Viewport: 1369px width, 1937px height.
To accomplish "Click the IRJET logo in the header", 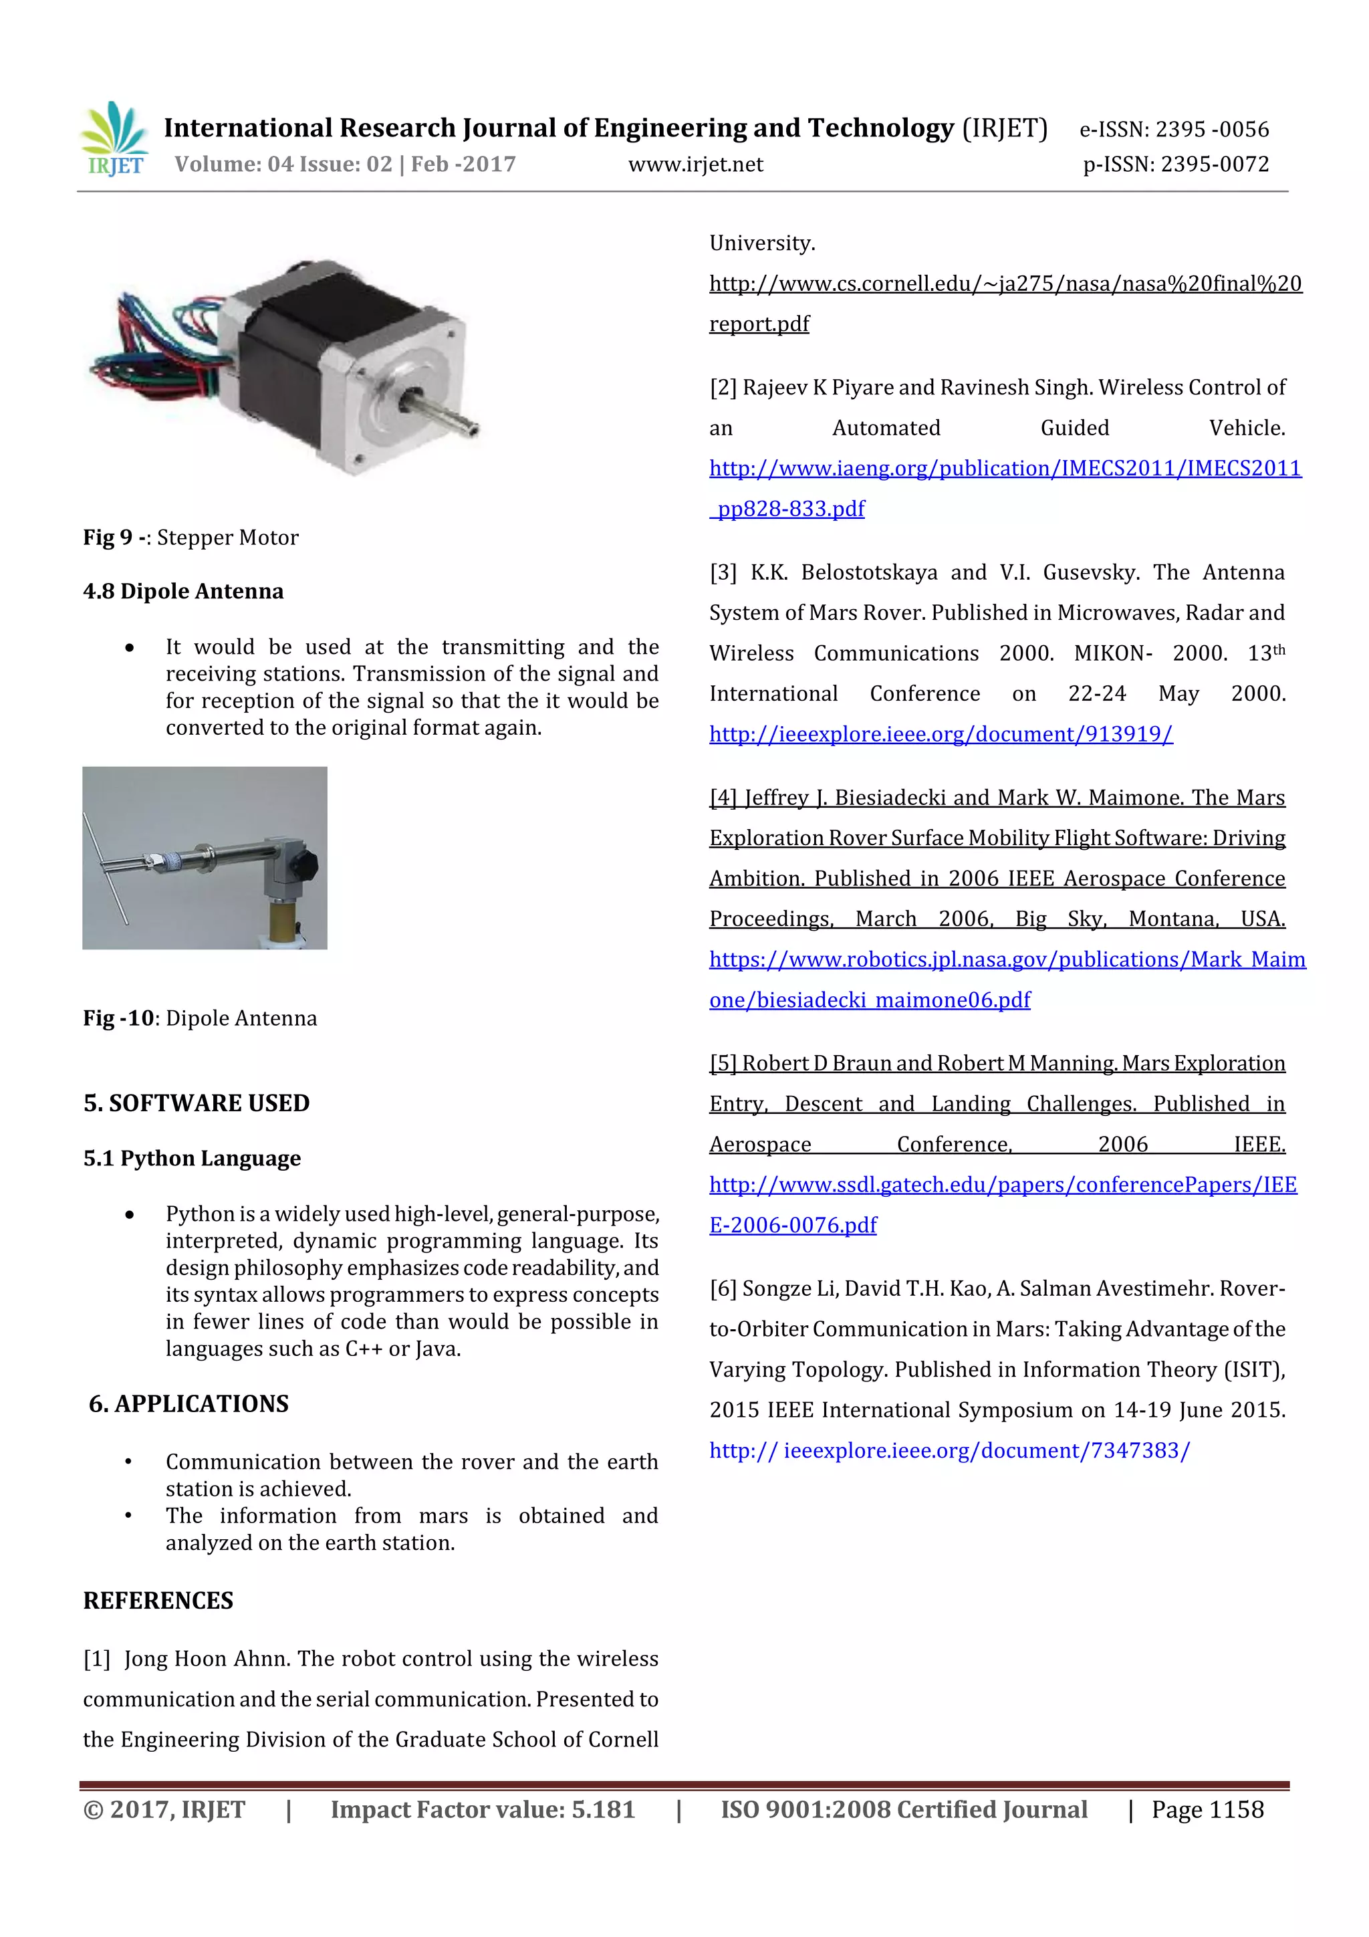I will (114, 139).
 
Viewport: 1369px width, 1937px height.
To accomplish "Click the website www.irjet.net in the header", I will (695, 164).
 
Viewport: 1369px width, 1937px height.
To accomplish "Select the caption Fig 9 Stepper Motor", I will (191, 538).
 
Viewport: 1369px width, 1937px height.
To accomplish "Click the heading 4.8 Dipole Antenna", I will (183, 590).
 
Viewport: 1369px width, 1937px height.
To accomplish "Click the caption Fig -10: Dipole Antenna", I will (200, 1018).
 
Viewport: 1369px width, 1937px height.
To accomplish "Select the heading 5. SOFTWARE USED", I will (197, 1103).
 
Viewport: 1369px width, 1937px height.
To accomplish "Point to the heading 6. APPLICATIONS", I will (189, 1403).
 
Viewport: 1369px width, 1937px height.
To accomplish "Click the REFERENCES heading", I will (158, 1601).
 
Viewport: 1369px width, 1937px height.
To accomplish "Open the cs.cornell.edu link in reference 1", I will (1005, 283).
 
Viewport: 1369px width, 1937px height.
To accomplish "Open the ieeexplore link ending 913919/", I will (941, 734).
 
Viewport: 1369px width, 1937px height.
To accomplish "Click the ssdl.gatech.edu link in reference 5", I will (1002, 1185).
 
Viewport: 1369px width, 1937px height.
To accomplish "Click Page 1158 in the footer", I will (1207, 1809).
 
